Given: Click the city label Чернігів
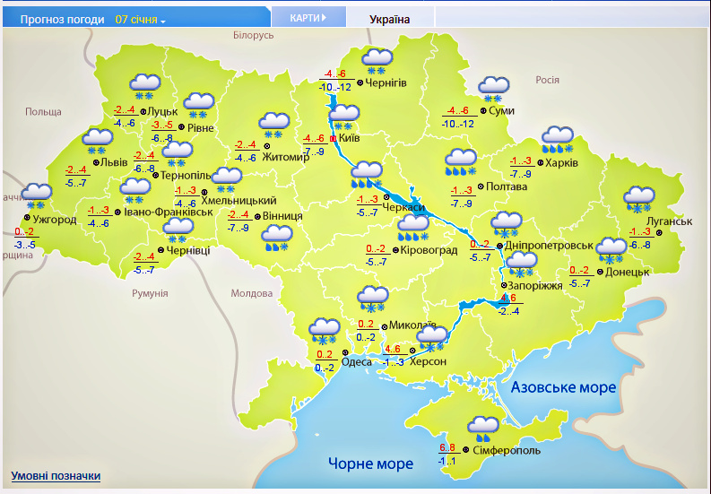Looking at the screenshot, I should coord(386,82).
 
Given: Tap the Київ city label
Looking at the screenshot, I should coord(350,139).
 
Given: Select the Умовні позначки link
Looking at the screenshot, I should coord(56,476).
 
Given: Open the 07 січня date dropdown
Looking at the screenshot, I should coord(141,19).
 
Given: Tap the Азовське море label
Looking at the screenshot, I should coord(563,387).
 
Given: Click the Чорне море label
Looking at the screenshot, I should coord(370,464).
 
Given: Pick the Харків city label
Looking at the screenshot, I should coord(562,163).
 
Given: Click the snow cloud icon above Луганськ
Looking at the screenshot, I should coord(638,198).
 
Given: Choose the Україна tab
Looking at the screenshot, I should coord(390,18).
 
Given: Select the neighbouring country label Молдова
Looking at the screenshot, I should coord(251,293).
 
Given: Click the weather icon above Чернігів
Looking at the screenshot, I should coord(377,61).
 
